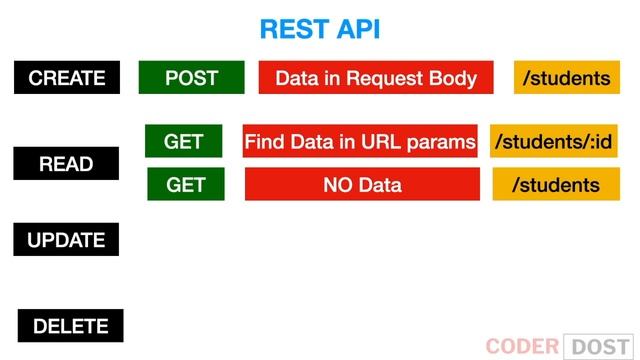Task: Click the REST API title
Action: pos(319,29)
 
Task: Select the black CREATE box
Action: pos(67,78)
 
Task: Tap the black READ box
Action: pos(67,164)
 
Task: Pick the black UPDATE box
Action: pos(67,240)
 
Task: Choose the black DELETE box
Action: pos(70,326)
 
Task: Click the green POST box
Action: pos(191,78)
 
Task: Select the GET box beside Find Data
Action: pos(184,141)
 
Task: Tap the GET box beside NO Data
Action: pos(185,184)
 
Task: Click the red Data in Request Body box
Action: pos(376,78)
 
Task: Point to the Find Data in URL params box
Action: pos(360,141)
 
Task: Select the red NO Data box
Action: pos(362,184)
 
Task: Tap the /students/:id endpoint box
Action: pos(552,141)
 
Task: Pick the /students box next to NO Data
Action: pos(556,184)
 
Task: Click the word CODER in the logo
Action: pos(521,346)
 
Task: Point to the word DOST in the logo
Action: pos(600,346)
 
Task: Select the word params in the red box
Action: pos(443,142)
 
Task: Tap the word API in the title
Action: pos(356,29)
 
